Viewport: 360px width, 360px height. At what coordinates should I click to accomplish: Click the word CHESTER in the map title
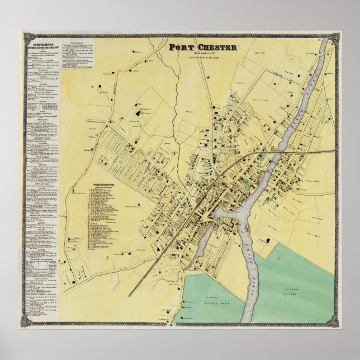tap(207, 47)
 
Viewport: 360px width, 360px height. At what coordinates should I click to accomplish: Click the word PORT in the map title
tap(179, 47)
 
